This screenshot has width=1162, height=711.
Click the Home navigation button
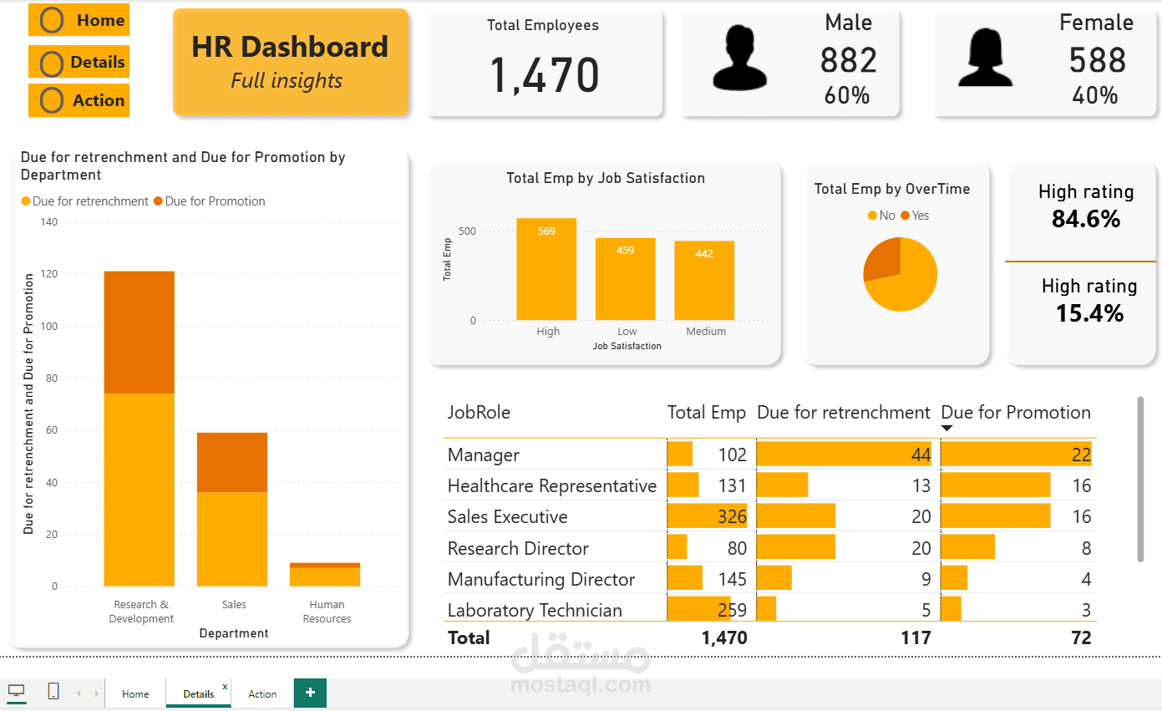tap(79, 21)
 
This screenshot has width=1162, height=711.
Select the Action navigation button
tap(79, 100)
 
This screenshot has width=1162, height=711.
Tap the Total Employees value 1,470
tap(544, 74)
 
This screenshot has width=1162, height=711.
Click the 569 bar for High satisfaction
tap(546, 270)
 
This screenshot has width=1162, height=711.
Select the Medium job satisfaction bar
tap(704, 281)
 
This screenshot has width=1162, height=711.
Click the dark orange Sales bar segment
tap(232, 462)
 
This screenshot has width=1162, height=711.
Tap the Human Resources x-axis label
tap(327, 612)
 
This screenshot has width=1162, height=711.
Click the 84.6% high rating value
tap(1086, 220)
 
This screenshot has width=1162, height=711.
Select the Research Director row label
tap(518, 548)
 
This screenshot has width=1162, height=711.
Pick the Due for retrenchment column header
tap(843, 412)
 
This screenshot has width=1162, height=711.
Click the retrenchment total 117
tap(916, 637)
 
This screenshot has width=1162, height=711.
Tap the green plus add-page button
tap(310, 693)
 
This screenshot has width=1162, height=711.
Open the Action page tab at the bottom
tap(262, 693)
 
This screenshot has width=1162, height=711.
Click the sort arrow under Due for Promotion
tap(946, 429)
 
